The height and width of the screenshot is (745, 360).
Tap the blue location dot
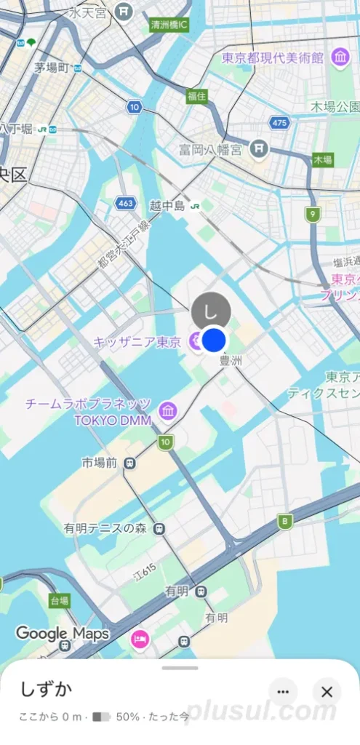(x=215, y=340)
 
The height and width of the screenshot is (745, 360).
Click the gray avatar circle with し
(x=211, y=311)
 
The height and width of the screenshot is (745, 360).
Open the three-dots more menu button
(x=283, y=691)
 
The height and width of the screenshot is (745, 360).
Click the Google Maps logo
(x=62, y=633)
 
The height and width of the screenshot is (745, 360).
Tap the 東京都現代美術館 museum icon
(x=340, y=57)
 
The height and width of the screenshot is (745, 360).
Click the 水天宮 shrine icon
(x=126, y=12)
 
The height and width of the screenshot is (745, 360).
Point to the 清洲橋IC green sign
(x=169, y=25)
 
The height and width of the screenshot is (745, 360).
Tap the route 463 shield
(x=126, y=204)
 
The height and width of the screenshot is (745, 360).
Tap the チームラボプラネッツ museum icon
(x=168, y=410)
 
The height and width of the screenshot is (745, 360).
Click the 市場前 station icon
(x=129, y=462)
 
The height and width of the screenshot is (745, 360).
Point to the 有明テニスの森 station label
(x=105, y=528)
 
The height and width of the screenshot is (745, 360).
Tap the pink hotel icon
(x=139, y=639)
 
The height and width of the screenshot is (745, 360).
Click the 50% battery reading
(x=127, y=717)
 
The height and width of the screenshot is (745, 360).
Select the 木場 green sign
(x=322, y=159)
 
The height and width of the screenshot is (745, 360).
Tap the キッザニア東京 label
(x=137, y=341)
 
